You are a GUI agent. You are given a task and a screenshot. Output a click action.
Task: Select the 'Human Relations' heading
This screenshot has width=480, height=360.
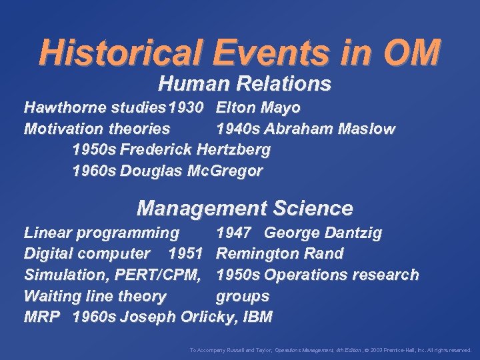pos(244,84)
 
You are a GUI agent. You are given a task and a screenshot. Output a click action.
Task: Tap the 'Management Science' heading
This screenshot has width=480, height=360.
pos(244,209)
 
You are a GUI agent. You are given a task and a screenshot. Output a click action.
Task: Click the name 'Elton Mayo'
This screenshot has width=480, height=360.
pos(258,107)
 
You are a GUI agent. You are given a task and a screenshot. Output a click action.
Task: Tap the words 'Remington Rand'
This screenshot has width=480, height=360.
pos(280,253)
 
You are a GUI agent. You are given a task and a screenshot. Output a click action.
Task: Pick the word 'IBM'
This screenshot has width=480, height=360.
pos(257,317)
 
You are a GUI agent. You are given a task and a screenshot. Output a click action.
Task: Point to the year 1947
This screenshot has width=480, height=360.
pos(233,233)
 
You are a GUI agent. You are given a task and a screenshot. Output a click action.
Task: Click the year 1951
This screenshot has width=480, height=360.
pos(186,253)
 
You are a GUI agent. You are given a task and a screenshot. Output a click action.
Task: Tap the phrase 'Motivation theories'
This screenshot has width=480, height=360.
pos(97,129)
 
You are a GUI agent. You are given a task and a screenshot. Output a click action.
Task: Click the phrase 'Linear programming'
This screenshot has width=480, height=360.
pos(101,233)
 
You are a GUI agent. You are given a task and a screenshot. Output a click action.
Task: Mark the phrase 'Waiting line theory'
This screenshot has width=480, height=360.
pos(95,296)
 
